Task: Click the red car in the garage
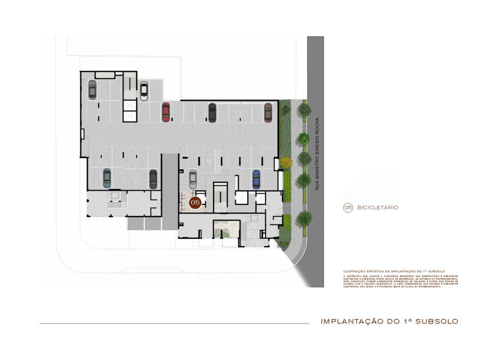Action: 166,112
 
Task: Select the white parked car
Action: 144,91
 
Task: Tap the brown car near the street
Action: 268,112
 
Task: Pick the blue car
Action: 256,179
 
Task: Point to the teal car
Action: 107,177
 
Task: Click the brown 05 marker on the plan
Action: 194,203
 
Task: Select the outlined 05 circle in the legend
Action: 347,208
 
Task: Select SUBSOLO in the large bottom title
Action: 437,322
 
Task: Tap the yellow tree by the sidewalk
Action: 286,162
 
